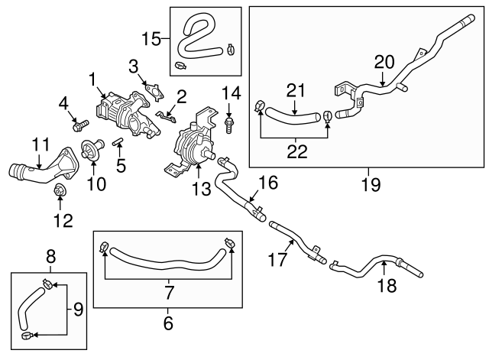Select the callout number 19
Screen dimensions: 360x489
click(x=367, y=183)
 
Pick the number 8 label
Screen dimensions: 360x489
click(x=50, y=256)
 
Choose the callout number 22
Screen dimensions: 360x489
click(x=295, y=152)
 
